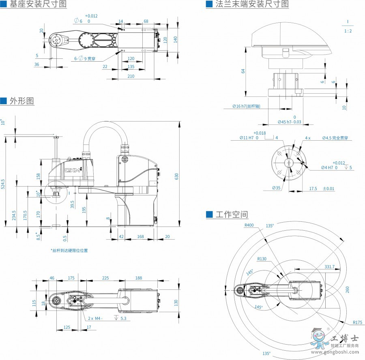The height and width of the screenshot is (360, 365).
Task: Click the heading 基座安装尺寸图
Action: click(x=38, y=4)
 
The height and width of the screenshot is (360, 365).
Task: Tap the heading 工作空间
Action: click(x=232, y=214)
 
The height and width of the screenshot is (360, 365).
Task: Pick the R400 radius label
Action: click(x=249, y=225)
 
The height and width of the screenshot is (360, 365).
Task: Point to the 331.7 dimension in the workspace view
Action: click(x=329, y=267)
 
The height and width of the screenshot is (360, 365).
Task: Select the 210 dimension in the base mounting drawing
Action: click(x=131, y=76)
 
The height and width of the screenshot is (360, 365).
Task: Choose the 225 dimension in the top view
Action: click(x=105, y=278)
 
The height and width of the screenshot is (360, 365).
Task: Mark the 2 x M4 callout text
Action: click(x=95, y=318)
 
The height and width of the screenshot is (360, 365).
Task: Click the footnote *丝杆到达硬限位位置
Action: click(x=69, y=250)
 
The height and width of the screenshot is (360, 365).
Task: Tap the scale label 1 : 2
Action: click(x=348, y=31)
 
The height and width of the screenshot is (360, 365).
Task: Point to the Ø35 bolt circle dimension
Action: click(x=276, y=188)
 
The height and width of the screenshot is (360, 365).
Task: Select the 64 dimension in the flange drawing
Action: click(x=243, y=71)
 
